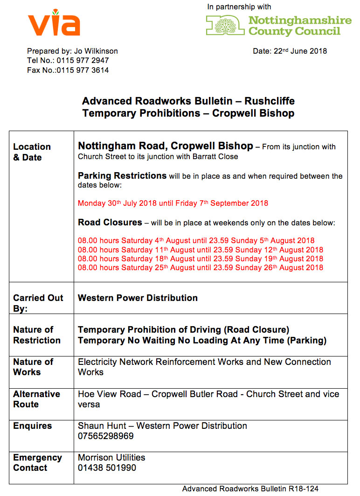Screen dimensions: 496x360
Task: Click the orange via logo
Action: coord(54,23)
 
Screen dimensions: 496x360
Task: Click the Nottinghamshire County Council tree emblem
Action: coord(225,25)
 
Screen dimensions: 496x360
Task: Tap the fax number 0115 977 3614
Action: coord(83,70)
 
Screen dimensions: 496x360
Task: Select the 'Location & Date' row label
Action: coord(32,152)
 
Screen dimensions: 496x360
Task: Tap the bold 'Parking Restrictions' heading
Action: coord(122,176)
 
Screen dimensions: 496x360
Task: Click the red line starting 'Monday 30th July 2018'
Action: coord(173,203)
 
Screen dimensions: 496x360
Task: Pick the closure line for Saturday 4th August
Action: coord(196,241)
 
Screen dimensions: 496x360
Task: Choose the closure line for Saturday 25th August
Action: coord(200,268)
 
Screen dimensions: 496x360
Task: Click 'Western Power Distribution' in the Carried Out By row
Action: coord(138,298)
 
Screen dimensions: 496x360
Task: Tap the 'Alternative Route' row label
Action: coord(36,399)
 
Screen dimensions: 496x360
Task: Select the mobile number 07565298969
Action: coord(106,436)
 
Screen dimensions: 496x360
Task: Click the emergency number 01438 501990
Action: coord(107,468)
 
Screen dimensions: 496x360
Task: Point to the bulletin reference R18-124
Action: coord(304,489)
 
